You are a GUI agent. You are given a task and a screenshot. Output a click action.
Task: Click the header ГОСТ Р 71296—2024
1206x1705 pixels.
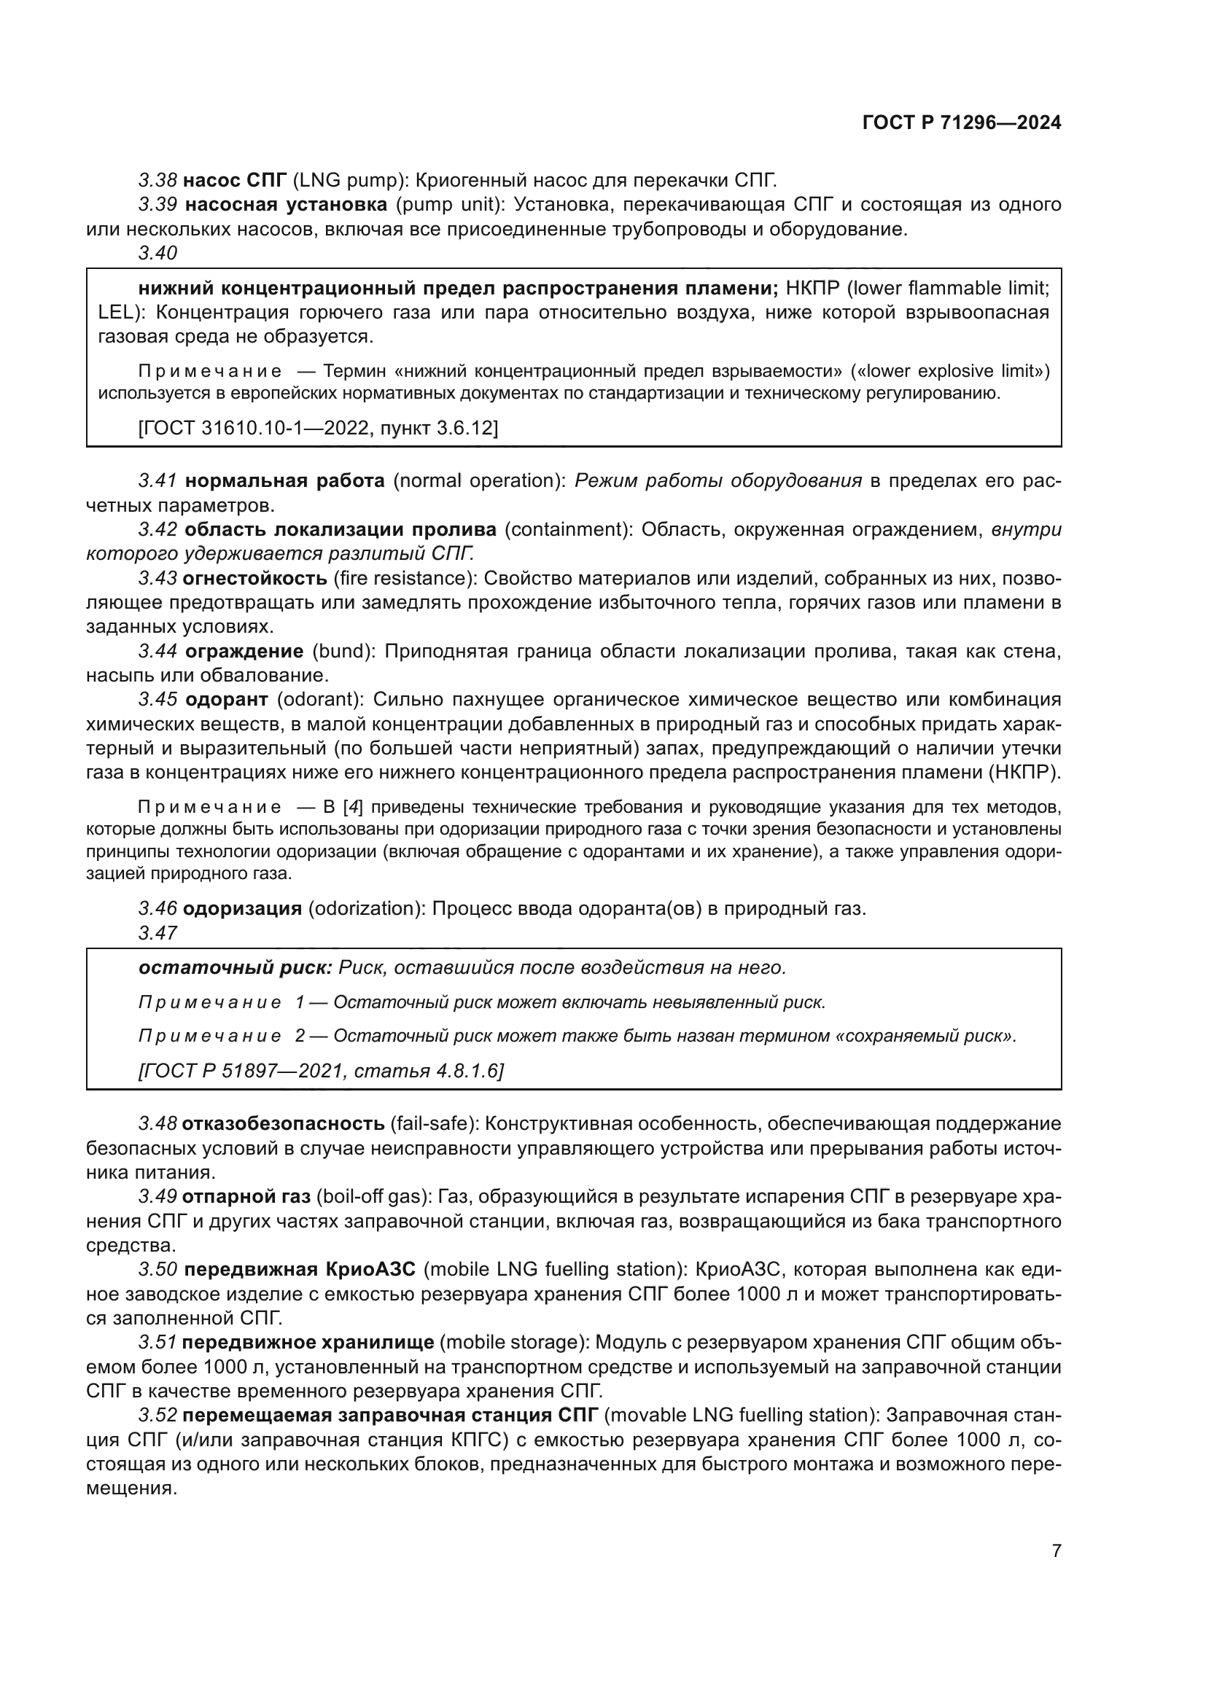pos(961,123)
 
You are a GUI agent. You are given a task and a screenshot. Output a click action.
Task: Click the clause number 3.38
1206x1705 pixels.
pos(157,181)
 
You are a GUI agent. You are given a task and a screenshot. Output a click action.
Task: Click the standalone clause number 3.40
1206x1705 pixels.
pos(157,253)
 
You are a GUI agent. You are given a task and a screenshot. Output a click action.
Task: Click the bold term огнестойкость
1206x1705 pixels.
pos(254,578)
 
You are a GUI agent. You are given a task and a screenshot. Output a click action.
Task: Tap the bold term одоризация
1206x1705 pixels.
pos(242,908)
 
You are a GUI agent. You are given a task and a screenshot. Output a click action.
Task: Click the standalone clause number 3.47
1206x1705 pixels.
pos(157,933)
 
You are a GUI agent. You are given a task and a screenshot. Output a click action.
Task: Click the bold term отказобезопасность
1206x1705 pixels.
pos(283,1123)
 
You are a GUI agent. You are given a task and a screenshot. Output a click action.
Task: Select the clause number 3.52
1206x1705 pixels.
pos(157,1416)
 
